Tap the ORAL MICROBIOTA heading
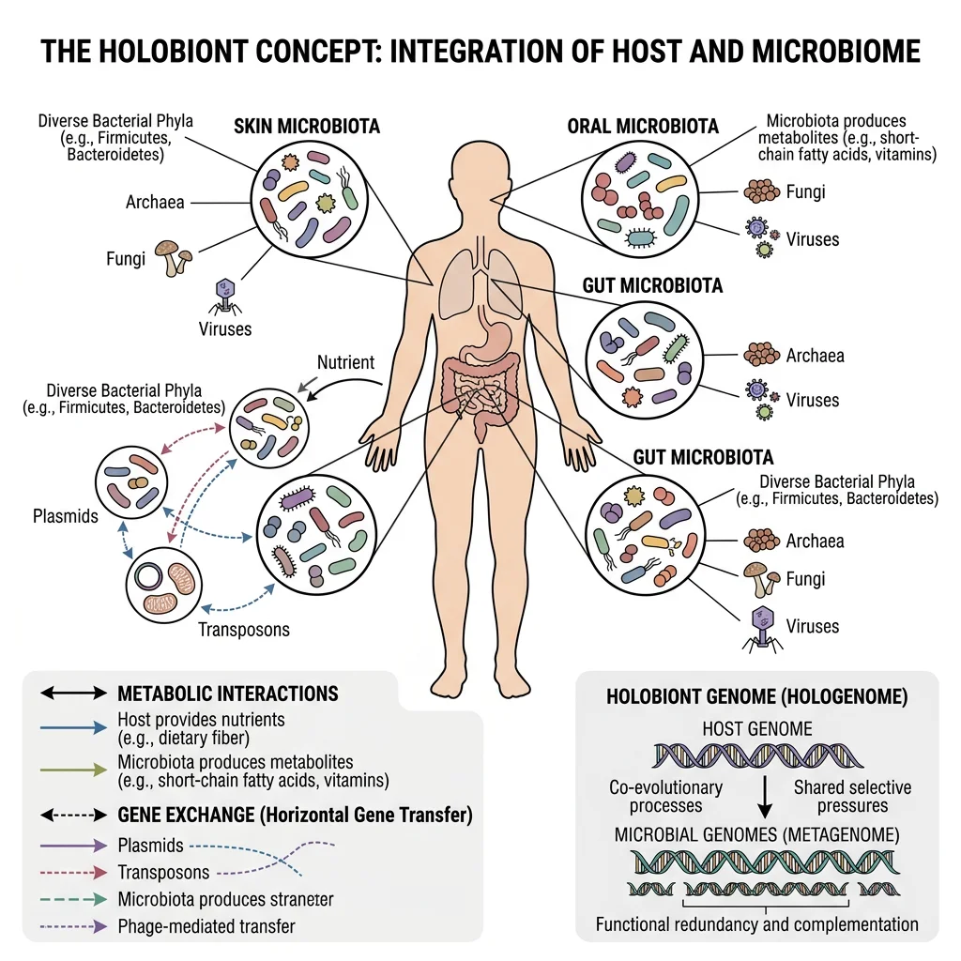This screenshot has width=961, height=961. (x=643, y=126)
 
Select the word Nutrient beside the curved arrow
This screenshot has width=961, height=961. (x=345, y=361)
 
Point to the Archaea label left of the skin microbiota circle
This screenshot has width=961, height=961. (x=155, y=202)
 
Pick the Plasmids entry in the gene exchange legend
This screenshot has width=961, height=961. (x=150, y=846)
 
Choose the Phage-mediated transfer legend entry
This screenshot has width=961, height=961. (x=206, y=926)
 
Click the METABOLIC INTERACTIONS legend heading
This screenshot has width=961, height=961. (x=227, y=694)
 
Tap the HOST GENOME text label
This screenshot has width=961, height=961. (x=756, y=728)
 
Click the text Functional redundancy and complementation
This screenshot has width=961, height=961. (x=756, y=923)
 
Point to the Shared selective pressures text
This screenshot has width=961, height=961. (x=852, y=797)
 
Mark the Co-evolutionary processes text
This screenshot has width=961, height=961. (x=667, y=797)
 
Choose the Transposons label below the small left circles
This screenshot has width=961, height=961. (x=244, y=629)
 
